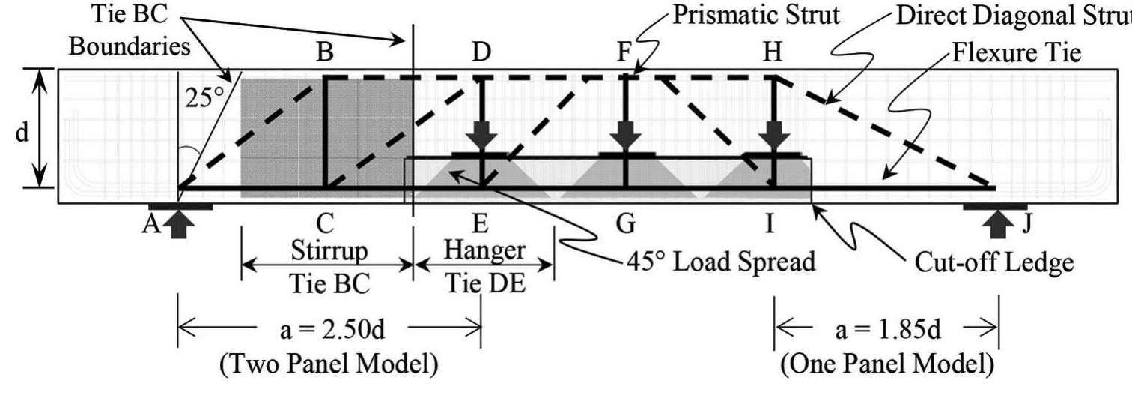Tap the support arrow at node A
pyautogui.click(x=177, y=223)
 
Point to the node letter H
pyautogui.click(x=771, y=54)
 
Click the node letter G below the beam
pyautogui.click(x=625, y=223)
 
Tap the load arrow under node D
pyautogui.click(x=481, y=138)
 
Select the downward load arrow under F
pyautogui.click(x=626, y=138)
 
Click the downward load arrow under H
pyautogui.click(x=771, y=138)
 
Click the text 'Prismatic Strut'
pyautogui.click(x=755, y=16)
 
